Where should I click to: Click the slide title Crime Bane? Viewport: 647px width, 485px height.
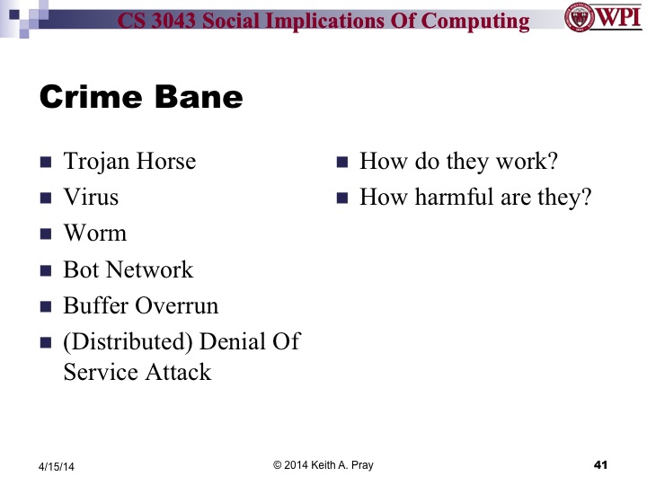141,97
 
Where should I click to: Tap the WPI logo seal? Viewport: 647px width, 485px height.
578,17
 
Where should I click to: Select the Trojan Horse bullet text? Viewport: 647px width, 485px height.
129,162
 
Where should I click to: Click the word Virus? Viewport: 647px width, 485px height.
91,197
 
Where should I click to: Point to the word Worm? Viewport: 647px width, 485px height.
94,234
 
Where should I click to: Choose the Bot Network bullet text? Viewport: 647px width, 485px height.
128,269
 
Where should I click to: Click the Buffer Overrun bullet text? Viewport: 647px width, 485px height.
140,305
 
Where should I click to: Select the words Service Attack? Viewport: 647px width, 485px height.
137,371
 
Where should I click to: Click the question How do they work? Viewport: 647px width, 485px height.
458,162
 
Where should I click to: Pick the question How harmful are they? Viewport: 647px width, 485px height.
475,197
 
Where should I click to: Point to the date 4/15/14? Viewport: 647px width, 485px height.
56,466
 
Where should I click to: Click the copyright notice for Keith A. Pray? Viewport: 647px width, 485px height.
323,464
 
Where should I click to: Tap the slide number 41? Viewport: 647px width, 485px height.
601,464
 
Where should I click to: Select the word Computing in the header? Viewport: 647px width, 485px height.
475,20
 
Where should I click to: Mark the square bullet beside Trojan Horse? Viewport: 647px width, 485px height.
46,163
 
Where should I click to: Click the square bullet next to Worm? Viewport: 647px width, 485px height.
46,235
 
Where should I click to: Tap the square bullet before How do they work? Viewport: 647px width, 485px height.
341,163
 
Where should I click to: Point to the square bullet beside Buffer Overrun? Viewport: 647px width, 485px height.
46,307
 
